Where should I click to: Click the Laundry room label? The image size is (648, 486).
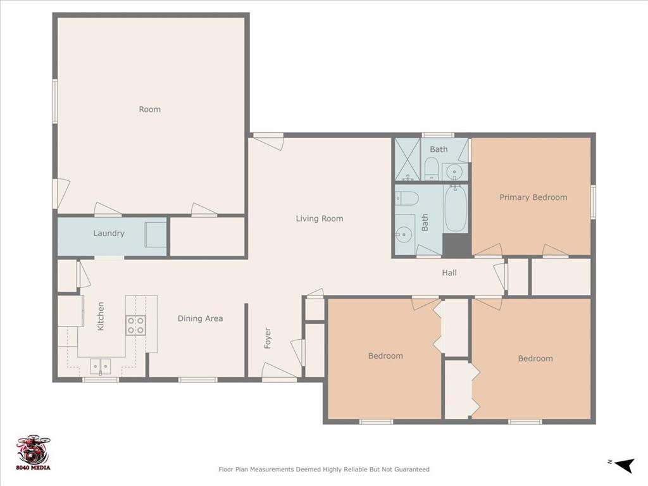tap(109, 234)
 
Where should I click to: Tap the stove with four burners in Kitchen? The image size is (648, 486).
tap(136, 325)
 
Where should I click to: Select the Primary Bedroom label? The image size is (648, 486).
tap(533, 197)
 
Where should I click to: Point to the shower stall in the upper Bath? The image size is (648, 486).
tap(407, 159)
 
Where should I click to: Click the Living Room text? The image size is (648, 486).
tap(320, 219)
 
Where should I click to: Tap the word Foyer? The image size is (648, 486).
tap(268, 339)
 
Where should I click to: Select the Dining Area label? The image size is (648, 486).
tap(200, 319)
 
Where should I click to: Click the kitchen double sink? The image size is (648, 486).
tap(100, 366)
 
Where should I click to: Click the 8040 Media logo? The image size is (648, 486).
tap(33, 452)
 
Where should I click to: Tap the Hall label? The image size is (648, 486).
tap(449, 273)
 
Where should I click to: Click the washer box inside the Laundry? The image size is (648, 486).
tap(156, 235)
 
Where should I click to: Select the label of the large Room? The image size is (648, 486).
tap(150, 109)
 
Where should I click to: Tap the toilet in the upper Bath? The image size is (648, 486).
tap(432, 169)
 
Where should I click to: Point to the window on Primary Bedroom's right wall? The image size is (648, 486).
tap(593, 202)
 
